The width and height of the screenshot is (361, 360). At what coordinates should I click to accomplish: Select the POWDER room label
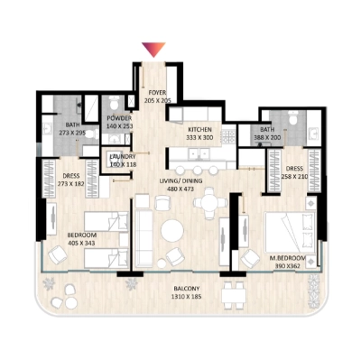[120, 118]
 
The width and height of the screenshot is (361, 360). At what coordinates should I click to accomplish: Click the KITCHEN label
[199, 130]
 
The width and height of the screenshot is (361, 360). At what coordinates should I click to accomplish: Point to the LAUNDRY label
[122, 156]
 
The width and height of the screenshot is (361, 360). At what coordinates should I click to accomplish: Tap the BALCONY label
[187, 290]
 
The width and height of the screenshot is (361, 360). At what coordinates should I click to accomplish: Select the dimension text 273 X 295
[71, 133]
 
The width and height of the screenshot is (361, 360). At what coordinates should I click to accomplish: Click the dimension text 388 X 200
[268, 138]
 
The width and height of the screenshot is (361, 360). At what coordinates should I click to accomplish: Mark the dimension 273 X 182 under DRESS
[70, 183]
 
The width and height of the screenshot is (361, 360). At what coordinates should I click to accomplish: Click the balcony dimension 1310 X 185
[187, 298]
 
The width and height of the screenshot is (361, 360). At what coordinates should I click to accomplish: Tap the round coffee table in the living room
[171, 232]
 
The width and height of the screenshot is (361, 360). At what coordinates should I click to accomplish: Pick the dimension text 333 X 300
[199, 138]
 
